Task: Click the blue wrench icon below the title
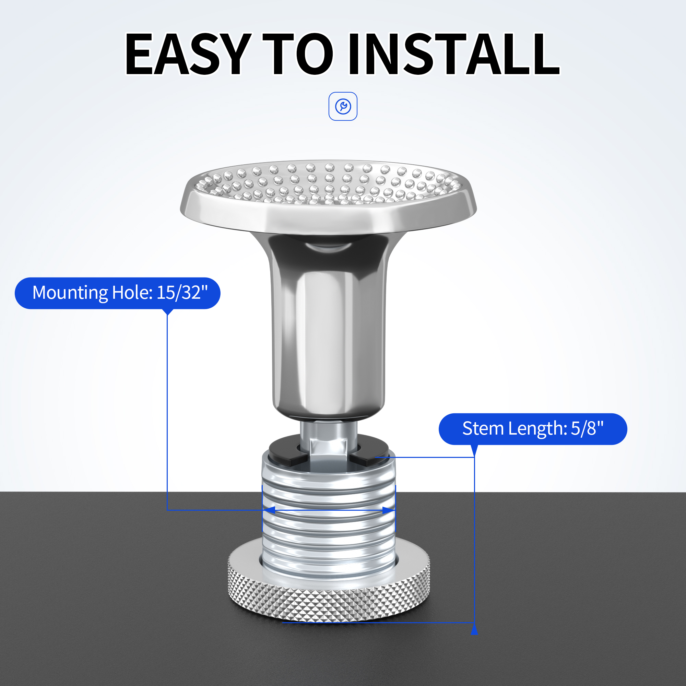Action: coord(343,106)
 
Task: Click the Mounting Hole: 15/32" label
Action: coord(118,293)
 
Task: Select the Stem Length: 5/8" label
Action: coord(533,429)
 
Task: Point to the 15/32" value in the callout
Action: coord(182,293)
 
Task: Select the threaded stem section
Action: coord(329,511)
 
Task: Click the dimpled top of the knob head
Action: coord(329,185)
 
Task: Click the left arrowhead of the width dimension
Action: coord(269,510)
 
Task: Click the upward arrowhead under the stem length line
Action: coord(474,629)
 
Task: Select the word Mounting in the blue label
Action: coord(70,293)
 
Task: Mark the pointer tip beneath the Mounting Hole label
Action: coord(167,314)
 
